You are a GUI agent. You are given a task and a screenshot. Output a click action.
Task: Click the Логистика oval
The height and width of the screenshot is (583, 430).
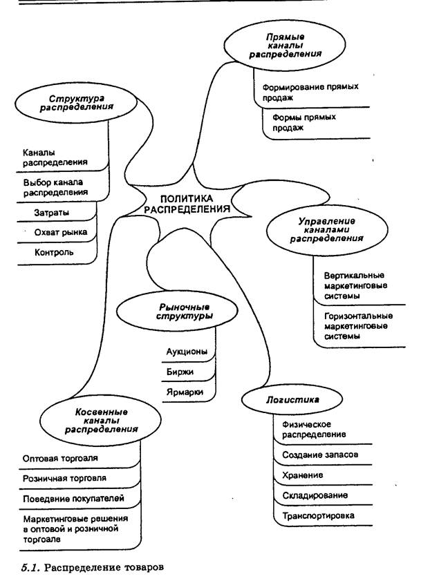pos(284,400)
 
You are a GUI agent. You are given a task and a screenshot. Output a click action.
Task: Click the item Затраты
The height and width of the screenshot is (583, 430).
pos(51,212)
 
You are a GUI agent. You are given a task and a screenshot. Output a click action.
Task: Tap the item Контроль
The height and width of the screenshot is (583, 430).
pos(54,253)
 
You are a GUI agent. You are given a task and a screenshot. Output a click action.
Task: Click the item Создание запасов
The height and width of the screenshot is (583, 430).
pos(319,455)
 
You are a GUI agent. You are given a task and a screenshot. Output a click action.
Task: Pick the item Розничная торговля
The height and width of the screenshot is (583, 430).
pos(64,478)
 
